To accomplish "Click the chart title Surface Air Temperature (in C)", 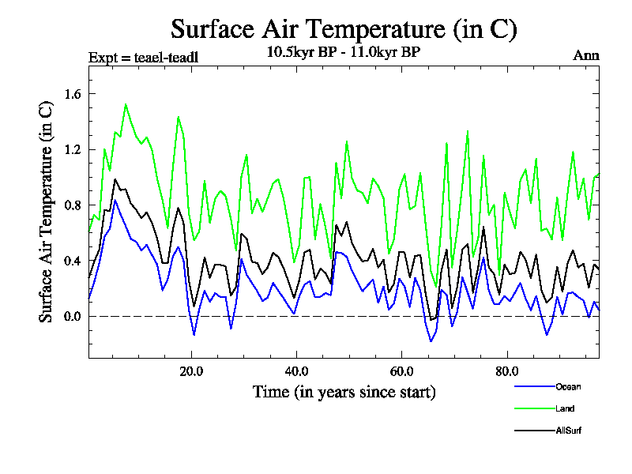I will click(344, 29).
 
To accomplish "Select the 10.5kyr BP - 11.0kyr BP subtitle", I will click(344, 52).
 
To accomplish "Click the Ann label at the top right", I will click(586, 55).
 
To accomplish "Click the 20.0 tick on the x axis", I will click(192, 371).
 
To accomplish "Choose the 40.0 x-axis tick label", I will click(297, 371).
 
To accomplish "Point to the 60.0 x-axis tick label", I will click(401, 371).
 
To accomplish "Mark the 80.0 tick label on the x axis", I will click(506, 371).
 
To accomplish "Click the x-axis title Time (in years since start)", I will click(344, 391).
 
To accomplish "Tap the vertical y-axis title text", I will click(47, 212).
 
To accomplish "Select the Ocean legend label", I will click(567, 386).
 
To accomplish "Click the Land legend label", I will click(564, 408).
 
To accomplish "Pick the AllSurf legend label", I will click(568, 431).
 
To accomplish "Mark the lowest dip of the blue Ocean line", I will click(431, 341).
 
